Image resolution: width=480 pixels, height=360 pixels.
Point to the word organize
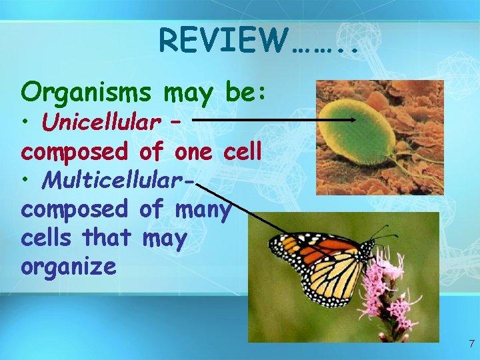[x=69, y=267]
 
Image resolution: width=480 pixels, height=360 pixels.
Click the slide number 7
[x=471, y=344]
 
